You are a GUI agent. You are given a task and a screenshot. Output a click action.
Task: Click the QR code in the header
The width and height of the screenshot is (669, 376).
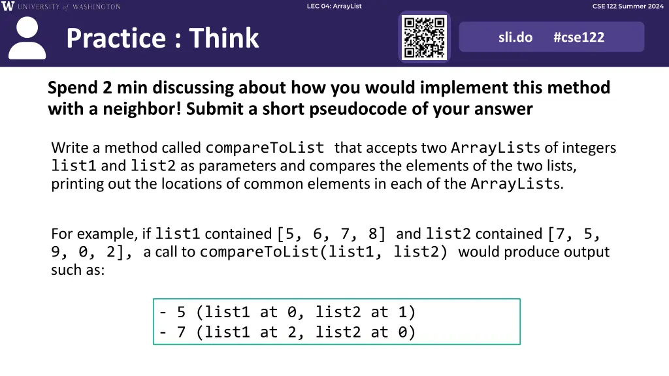click(424, 37)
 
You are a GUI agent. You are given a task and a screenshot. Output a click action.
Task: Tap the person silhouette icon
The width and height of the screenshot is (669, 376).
click(27, 39)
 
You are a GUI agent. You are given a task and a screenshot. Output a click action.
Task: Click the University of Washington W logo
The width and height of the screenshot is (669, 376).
click(8, 7)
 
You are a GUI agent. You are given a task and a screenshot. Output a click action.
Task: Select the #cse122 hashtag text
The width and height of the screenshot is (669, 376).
click(579, 37)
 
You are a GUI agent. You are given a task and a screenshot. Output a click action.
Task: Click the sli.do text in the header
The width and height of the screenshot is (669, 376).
click(515, 37)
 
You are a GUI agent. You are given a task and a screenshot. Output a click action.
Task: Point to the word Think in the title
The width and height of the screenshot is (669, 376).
click(224, 39)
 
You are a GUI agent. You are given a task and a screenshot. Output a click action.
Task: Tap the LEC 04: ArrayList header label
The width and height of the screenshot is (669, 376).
click(334, 6)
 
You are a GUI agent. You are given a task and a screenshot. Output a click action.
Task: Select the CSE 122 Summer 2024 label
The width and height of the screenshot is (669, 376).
click(627, 6)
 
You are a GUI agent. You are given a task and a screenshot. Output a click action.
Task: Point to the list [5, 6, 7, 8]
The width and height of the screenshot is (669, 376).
click(331, 234)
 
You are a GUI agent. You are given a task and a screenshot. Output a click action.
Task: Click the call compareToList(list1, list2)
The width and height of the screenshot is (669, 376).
click(323, 252)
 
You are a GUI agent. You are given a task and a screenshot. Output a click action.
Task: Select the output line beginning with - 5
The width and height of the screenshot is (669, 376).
click(287, 312)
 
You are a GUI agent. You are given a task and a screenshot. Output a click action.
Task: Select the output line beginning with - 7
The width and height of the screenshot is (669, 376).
click(287, 332)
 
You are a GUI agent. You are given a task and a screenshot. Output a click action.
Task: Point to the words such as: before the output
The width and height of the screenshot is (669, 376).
click(78, 270)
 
